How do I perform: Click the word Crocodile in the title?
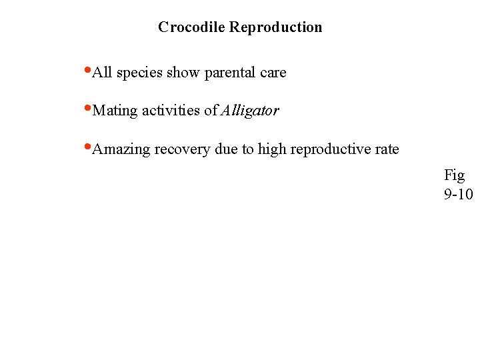pos(192,27)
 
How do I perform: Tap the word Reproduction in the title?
pos(276,27)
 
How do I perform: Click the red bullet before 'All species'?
pos(89,69)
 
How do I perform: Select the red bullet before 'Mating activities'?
pos(89,107)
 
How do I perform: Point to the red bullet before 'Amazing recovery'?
pos(89,146)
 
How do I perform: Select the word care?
pos(273,73)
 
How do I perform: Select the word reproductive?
pos(330,150)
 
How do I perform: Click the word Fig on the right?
pos(454,176)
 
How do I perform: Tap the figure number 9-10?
pos(458,195)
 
